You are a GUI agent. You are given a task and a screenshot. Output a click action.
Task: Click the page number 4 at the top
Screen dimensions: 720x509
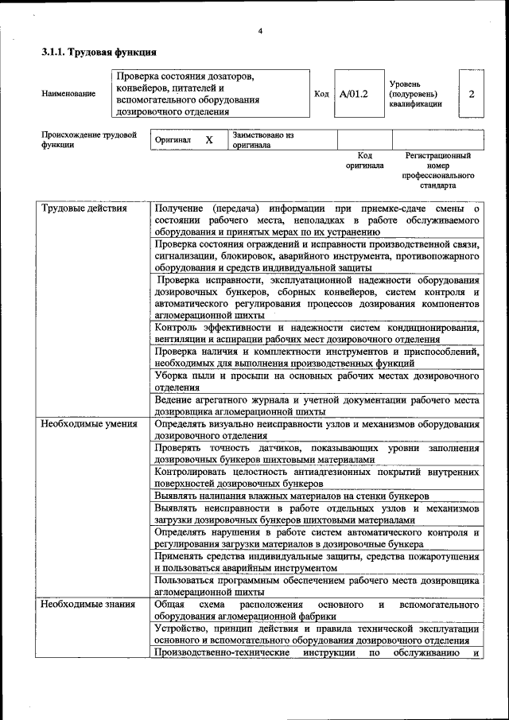pos(260,32)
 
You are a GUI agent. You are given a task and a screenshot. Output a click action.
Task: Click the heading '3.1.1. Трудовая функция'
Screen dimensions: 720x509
pos(99,53)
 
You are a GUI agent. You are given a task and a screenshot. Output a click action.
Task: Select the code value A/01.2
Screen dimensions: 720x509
pos(354,94)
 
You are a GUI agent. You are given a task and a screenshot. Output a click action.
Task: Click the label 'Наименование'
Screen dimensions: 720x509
pos(68,94)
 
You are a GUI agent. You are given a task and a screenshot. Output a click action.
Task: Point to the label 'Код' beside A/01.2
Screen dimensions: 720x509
pos(321,94)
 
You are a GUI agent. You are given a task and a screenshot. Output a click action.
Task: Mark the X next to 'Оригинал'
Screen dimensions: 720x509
pos(209,140)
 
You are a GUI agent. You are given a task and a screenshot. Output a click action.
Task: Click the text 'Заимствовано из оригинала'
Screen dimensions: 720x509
pos(263,140)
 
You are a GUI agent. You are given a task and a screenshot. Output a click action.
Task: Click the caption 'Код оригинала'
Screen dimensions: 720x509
pos(364,161)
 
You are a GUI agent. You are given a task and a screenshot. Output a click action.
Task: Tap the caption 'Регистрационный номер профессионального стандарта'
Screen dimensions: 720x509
pos(437,170)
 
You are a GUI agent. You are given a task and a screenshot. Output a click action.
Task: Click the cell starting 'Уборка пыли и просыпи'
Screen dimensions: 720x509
pos(317,381)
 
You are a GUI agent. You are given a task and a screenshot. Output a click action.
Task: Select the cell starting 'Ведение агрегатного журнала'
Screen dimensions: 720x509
pos(317,406)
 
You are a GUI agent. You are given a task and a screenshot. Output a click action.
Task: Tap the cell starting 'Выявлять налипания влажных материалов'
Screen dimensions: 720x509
pos(293,496)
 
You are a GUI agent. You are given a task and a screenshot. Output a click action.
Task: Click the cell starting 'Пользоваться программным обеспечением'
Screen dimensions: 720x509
pos(317,586)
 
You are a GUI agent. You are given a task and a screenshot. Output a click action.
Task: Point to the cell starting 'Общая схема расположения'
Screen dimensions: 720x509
pos(317,610)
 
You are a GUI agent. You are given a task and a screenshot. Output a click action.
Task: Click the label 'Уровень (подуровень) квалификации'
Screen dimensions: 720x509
pos(415,94)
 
